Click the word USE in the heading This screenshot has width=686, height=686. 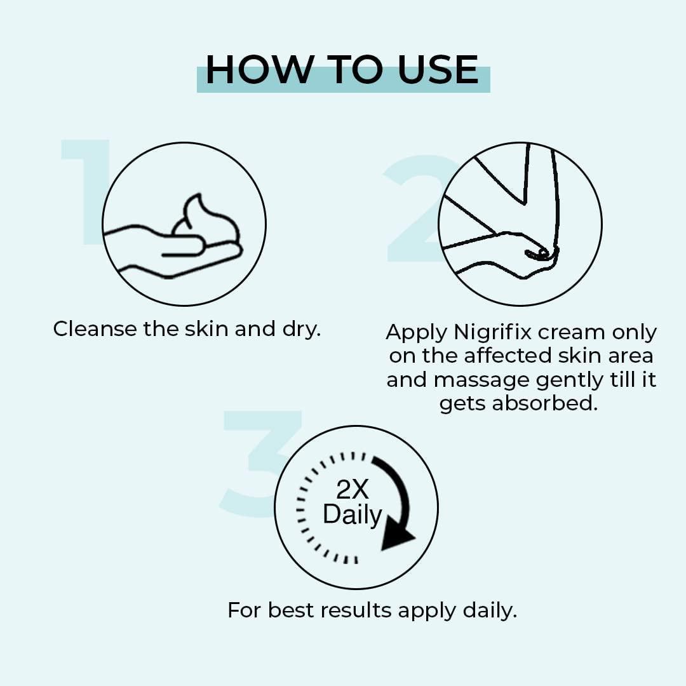coord(438,71)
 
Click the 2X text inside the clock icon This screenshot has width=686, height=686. coord(353,489)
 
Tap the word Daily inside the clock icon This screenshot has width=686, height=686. coord(353,514)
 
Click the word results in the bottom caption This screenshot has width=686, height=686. coord(356,610)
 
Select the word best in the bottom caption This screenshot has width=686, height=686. coord(291,610)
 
